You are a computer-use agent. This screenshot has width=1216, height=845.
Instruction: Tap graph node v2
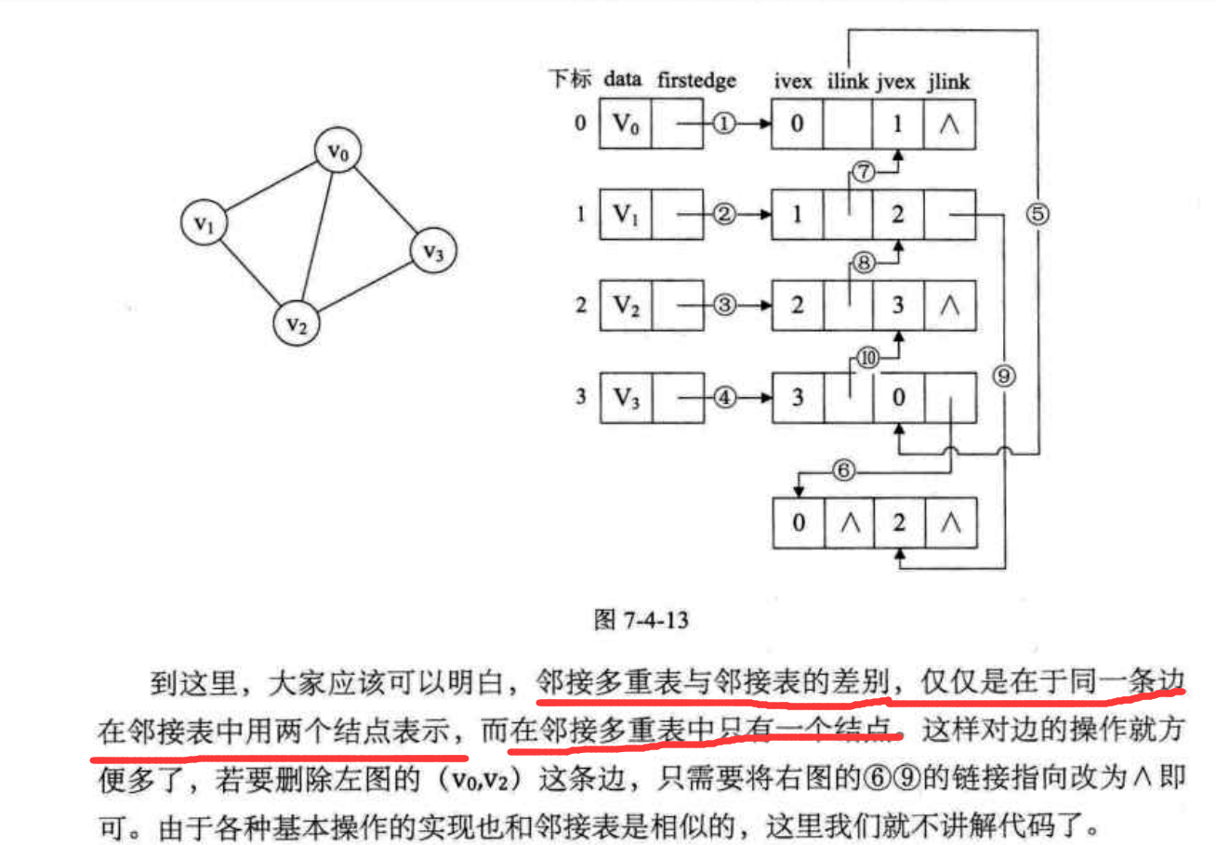pyautogui.click(x=296, y=323)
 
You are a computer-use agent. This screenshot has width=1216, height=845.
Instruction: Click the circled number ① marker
pyautogui.click(x=724, y=124)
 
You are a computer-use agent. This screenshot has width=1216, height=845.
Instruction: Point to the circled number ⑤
pyautogui.click(x=1038, y=214)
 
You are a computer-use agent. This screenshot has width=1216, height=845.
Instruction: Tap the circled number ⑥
pyautogui.click(x=842, y=470)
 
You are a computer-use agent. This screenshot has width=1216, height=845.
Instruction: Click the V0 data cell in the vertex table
pyautogui.click(x=624, y=125)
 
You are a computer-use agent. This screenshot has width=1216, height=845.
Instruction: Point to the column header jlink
pyautogui.click(x=948, y=82)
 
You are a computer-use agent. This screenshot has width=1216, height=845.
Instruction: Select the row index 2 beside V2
pyautogui.click(x=580, y=304)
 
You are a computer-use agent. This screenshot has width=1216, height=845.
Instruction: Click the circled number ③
pyautogui.click(x=724, y=304)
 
